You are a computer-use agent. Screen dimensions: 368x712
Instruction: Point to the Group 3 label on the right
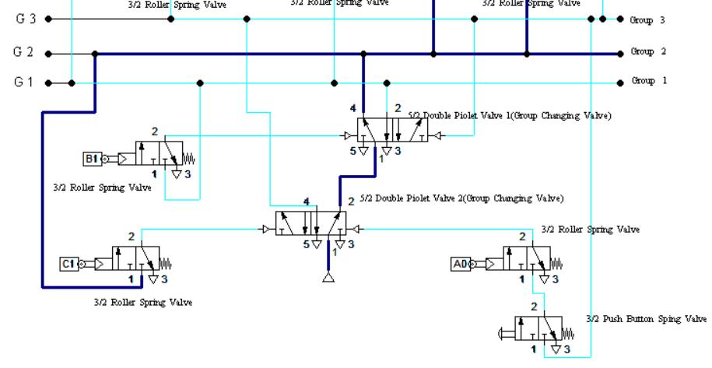click(648, 20)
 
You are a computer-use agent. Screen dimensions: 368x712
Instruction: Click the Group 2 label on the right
click(648, 52)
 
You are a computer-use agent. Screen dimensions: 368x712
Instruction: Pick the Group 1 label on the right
click(648, 81)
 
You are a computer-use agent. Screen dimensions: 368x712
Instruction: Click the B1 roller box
click(92, 160)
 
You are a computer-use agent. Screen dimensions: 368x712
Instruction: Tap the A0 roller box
click(459, 264)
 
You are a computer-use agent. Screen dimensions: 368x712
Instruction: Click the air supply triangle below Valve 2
click(328, 278)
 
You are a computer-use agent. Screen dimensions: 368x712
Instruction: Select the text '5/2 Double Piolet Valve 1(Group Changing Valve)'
click(510, 115)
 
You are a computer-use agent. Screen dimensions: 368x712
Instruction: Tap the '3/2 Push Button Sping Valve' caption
click(647, 319)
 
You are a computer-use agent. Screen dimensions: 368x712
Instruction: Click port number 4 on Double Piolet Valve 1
click(352, 107)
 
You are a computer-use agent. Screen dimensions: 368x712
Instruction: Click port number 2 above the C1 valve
click(132, 236)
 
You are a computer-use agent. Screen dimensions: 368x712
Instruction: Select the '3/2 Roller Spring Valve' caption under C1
click(142, 302)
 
